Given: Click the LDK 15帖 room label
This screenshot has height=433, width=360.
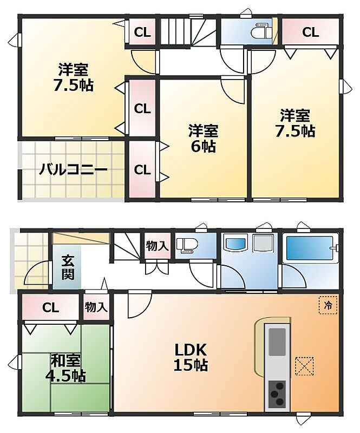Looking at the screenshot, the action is pos(191,358).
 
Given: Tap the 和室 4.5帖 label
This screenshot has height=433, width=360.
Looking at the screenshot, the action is pos(66,368).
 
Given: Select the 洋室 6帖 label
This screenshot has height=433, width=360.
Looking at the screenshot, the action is pos(204,139).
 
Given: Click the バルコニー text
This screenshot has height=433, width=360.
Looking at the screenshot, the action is pos(73,169).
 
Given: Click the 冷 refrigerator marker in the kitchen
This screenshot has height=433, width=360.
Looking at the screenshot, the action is pos(328,305).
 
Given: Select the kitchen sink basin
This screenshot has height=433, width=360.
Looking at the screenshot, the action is pos(277,342).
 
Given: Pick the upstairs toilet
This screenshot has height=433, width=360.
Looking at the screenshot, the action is pos(261,32).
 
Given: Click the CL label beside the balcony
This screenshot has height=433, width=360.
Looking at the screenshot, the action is pos(142,169).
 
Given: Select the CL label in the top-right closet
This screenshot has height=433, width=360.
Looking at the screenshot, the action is pos(310,32).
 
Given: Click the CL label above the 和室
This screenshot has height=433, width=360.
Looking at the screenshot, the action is pos(50,307).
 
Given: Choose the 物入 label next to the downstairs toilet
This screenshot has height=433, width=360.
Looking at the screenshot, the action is pos(157,246).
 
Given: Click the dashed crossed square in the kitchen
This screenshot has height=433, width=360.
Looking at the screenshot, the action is pos(304,366).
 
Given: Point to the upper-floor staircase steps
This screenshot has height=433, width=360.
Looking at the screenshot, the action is pos(188,31).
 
